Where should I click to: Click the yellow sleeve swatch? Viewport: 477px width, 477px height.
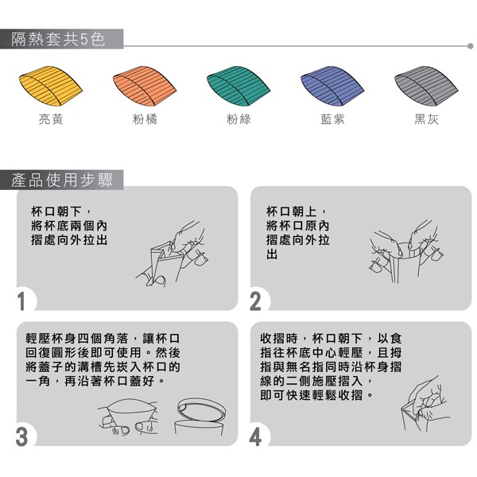(50, 86)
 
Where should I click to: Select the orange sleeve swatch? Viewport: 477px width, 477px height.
(144, 86)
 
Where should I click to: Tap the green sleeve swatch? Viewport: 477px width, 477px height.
(238, 86)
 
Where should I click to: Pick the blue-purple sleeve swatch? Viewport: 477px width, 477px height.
(332, 86)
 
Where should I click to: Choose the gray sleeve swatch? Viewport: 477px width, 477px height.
(426, 86)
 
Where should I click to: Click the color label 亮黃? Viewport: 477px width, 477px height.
(51, 119)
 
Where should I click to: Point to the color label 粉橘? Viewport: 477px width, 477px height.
(145, 119)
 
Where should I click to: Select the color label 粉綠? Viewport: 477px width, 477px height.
(238, 119)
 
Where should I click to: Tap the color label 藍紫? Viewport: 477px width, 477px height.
(333, 119)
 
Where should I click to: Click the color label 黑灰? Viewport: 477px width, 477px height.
(426, 119)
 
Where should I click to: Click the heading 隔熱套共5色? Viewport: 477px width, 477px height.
(58, 39)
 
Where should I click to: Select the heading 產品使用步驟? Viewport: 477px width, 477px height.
(62, 180)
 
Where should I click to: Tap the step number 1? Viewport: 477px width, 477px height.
(21, 301)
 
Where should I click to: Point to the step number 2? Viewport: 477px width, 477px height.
(255, 301)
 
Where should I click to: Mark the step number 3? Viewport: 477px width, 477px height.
(21, 436)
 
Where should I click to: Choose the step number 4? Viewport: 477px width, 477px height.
(255, 437)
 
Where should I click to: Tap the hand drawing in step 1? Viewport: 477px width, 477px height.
(173, 254)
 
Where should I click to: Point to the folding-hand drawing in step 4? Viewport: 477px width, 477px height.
(425, 403)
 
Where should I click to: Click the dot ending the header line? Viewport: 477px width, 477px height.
(471, 46)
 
